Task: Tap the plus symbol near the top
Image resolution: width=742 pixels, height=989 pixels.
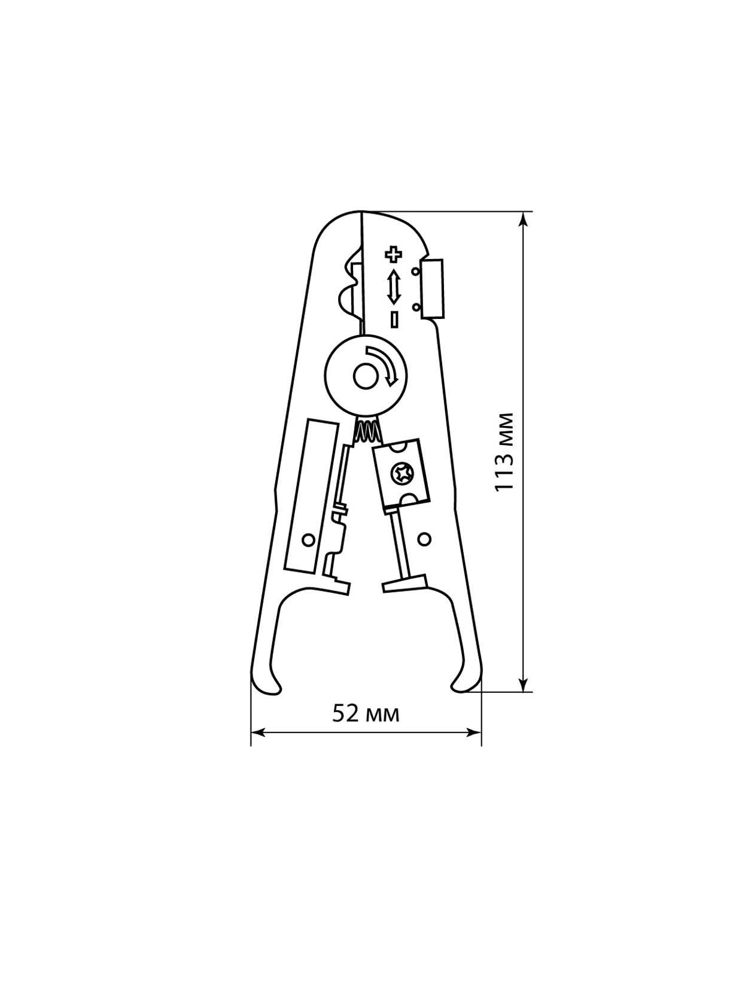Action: click(x=393, y=254)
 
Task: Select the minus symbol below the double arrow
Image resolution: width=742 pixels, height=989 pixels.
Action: click(x=394, y=318)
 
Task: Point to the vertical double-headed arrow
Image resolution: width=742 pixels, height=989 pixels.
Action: click(x=394, y=287)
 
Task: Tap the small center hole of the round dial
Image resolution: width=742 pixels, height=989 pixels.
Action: click(x=365, y=377)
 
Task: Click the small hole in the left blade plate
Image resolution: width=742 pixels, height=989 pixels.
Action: click(x=309, y=539)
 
